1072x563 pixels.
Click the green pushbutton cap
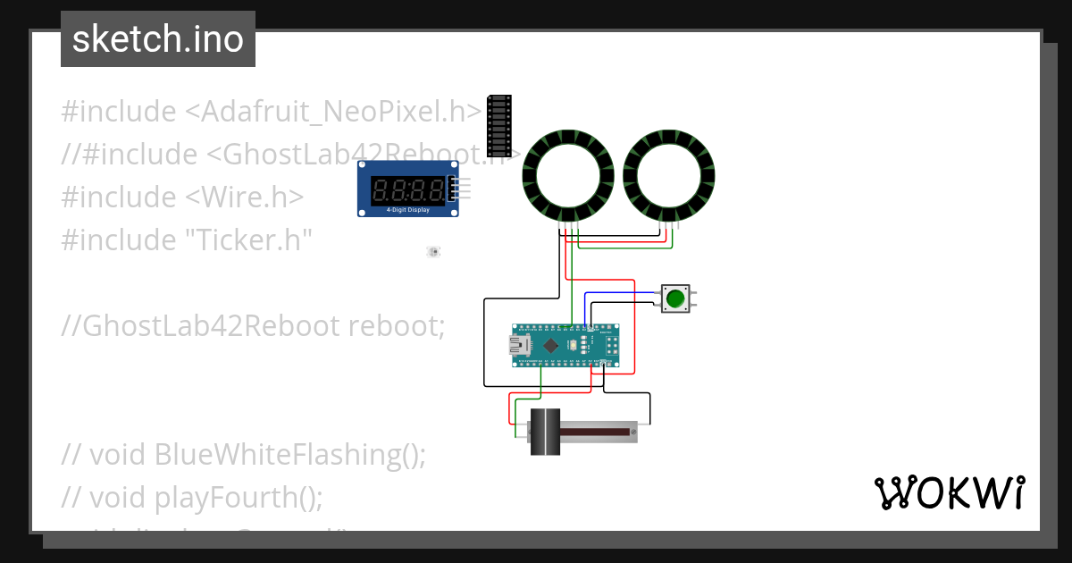675,298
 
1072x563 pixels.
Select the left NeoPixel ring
566,176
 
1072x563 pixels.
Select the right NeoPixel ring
669,176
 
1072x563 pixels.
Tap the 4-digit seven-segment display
407,189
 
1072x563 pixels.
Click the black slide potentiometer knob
544,433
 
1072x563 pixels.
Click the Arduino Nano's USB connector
519,347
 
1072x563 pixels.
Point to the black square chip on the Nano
552,345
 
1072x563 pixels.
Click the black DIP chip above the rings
499,126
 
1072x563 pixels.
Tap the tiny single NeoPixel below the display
433,253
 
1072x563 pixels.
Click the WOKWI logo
948,493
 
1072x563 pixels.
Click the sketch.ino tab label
158,39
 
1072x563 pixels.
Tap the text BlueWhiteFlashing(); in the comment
289,454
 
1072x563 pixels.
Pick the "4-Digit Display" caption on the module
407,211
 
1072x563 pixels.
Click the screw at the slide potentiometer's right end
633,433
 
